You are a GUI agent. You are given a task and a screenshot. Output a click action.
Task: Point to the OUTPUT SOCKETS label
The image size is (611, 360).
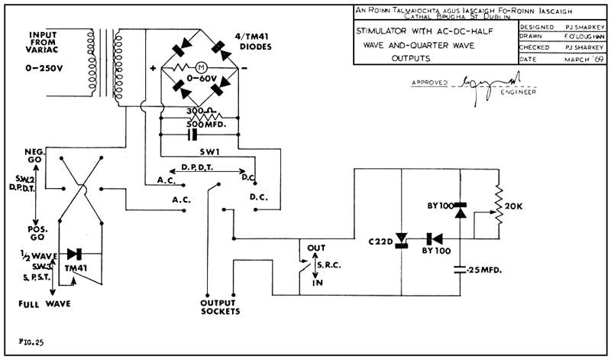pos(221,306)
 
